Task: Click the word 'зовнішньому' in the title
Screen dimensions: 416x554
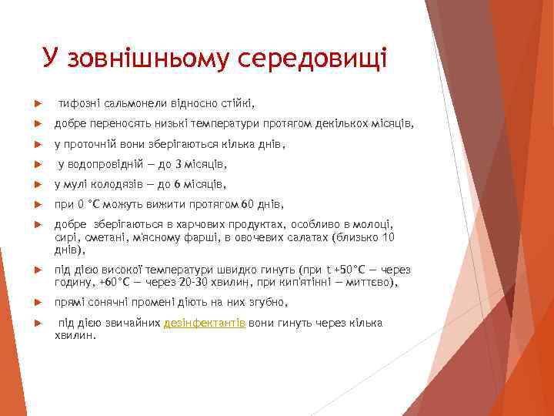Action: tap(150, 59)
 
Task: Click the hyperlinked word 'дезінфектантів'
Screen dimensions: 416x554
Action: tap(204, 324)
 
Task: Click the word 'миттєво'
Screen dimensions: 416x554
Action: tap(375, 283)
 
